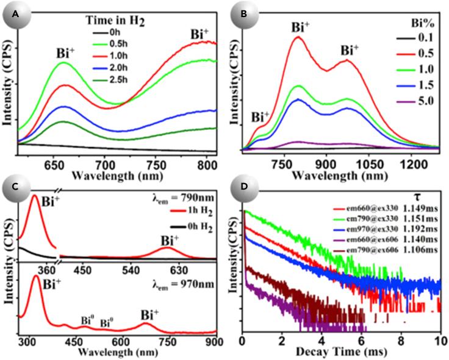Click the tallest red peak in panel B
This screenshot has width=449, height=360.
pos(298,37)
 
